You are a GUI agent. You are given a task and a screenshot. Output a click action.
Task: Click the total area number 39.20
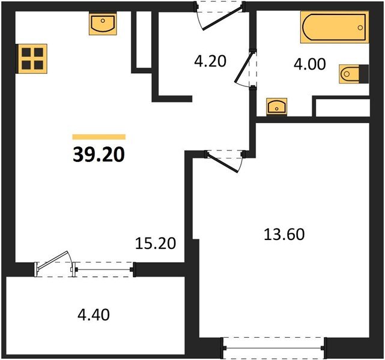[99, 155]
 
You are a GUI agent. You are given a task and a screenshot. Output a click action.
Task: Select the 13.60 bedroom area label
[284, 234]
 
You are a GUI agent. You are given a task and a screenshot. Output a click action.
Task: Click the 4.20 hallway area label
[210, 61]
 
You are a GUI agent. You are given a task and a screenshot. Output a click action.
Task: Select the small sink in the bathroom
[276, 107]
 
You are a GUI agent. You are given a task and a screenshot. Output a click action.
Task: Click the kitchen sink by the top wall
[102, 24]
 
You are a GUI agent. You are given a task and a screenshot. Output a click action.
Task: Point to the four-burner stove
[31, 58]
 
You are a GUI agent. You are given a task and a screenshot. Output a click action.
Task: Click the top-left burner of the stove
[26, 53]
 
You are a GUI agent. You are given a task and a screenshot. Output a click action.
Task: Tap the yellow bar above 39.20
[99, 137]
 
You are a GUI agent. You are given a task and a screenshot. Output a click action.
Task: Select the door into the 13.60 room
[224, 157]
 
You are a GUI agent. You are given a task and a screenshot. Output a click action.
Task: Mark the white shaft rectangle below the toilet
[342, 107]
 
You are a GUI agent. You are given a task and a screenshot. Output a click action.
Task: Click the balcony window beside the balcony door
[104, 269]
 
